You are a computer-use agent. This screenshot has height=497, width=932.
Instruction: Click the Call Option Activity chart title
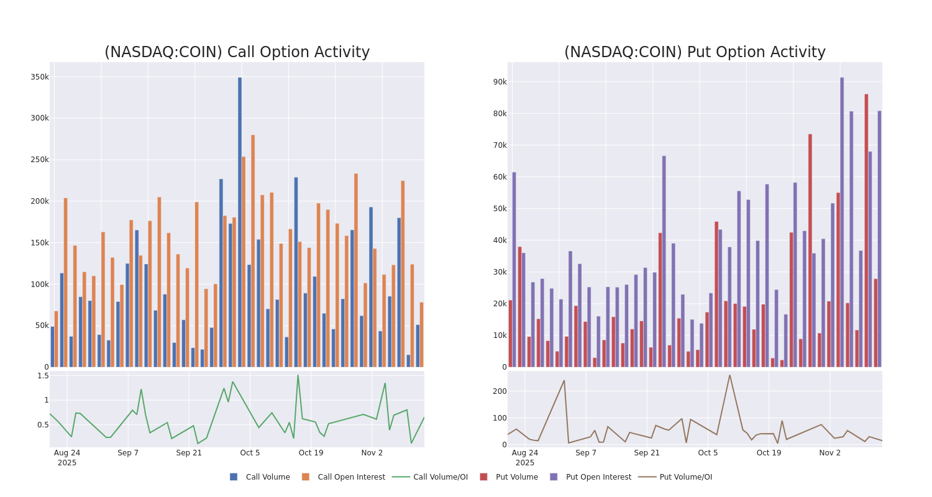[237, 52]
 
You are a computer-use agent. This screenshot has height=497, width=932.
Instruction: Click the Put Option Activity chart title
[695, 52]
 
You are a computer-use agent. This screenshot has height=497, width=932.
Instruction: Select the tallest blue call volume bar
[240, 222]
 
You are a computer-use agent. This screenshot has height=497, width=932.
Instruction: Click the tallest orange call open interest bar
[253, 250]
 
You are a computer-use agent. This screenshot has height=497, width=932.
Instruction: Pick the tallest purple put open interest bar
[842, 222]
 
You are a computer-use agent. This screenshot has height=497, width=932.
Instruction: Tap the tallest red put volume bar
[866, 230]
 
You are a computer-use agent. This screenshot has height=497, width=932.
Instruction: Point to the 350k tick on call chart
[39, 77]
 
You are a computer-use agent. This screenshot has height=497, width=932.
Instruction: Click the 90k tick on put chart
[500, 82]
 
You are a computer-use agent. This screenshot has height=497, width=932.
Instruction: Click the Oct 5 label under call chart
[250, 453]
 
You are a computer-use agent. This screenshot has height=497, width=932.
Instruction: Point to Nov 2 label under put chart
[829, 453]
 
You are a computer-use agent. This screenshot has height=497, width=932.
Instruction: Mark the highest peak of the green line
[298, 375]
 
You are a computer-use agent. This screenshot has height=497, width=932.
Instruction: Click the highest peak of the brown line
[729, 375]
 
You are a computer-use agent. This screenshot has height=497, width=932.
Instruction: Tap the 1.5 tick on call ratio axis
[43, 376]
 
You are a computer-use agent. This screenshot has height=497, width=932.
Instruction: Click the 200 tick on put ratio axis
[499, 391]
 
